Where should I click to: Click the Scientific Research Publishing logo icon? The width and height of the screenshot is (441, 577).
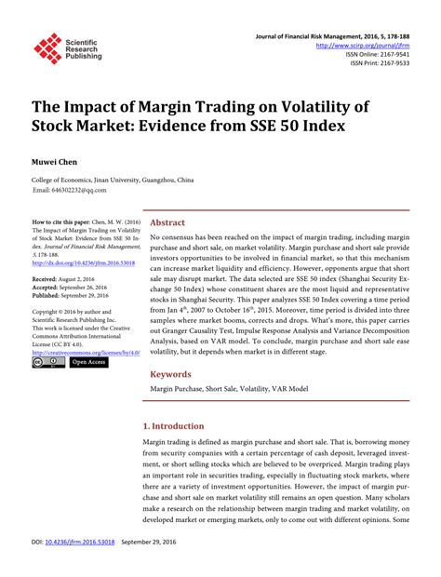click(x=47, y=47)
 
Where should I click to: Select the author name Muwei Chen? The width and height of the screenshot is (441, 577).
click(x=56, y=161)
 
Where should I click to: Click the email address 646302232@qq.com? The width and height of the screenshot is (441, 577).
click(x=70, y=190)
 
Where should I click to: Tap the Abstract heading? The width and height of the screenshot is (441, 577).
click(x=167, y=223)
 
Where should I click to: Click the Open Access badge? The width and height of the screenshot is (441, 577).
click(x=88, y=362)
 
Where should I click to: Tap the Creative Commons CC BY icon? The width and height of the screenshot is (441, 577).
click(x=48, y=362)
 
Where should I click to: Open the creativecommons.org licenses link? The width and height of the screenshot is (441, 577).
click(x=85, y=352)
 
